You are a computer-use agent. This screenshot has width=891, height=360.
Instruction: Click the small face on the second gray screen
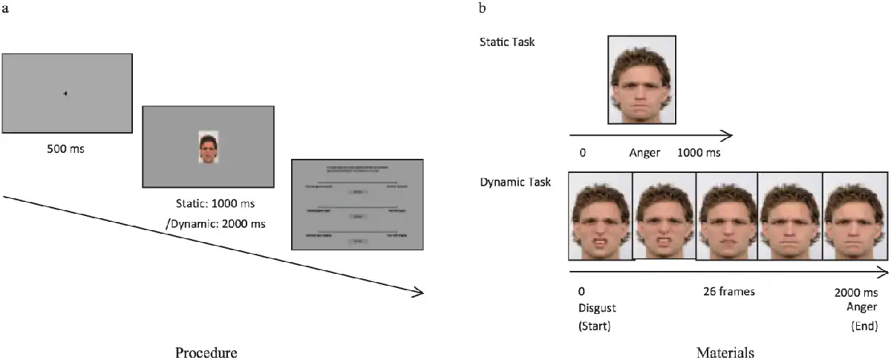point(208,147)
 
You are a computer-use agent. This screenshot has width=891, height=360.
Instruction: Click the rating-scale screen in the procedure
point(357,204)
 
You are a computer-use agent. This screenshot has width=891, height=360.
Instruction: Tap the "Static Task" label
point(507,42)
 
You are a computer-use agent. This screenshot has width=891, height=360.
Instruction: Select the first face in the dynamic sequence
point(600,216)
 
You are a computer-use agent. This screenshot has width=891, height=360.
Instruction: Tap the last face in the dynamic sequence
point(855,216)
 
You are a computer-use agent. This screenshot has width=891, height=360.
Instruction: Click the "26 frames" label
point(728,291)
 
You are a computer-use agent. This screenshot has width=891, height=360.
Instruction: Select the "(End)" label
point(864,325)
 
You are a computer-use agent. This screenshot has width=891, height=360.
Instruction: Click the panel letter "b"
point(483,8)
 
